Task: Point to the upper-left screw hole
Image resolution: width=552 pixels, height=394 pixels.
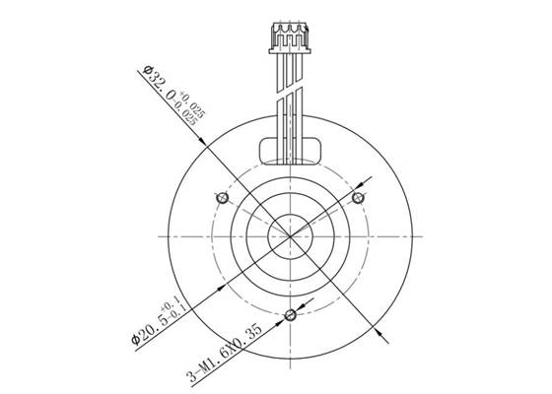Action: [222, 199]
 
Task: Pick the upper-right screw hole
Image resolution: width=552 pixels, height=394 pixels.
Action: [359, 199]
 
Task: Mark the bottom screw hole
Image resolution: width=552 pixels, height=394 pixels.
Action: [290, 316]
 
